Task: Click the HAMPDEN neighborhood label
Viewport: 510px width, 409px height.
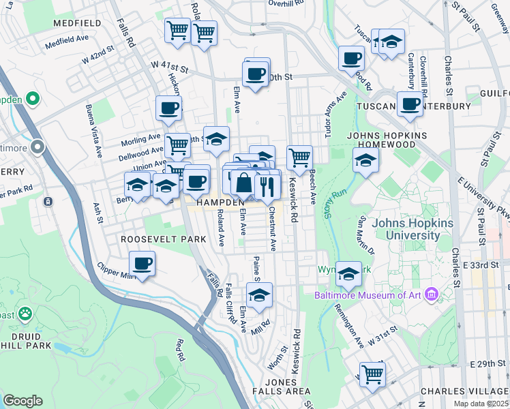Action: pyautogui.click(x=221, y=203)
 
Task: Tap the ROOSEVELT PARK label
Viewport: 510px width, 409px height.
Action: pyautogui.click(x=153, y=240)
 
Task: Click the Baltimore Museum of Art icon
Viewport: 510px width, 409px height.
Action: pyautogui.click(x=431, y=295)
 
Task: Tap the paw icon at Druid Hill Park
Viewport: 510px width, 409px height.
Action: pyautogui.click(x=25, y=314)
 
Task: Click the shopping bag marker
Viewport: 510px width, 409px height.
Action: pyautogui.click(x=243, y=183)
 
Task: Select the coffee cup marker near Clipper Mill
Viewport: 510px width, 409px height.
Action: pyautogui.click(x=142, y=263)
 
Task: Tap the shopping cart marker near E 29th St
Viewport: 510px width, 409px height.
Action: pyautogui.click(x=372, y=374)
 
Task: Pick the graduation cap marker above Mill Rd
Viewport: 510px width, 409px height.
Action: pyautogui.click(x=259, y=295)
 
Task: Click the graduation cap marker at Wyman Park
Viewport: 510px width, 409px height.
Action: pyautogui.click(x=348, y=274)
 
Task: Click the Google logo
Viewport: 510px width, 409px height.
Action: pyautogui.click(x=23, y=401)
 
